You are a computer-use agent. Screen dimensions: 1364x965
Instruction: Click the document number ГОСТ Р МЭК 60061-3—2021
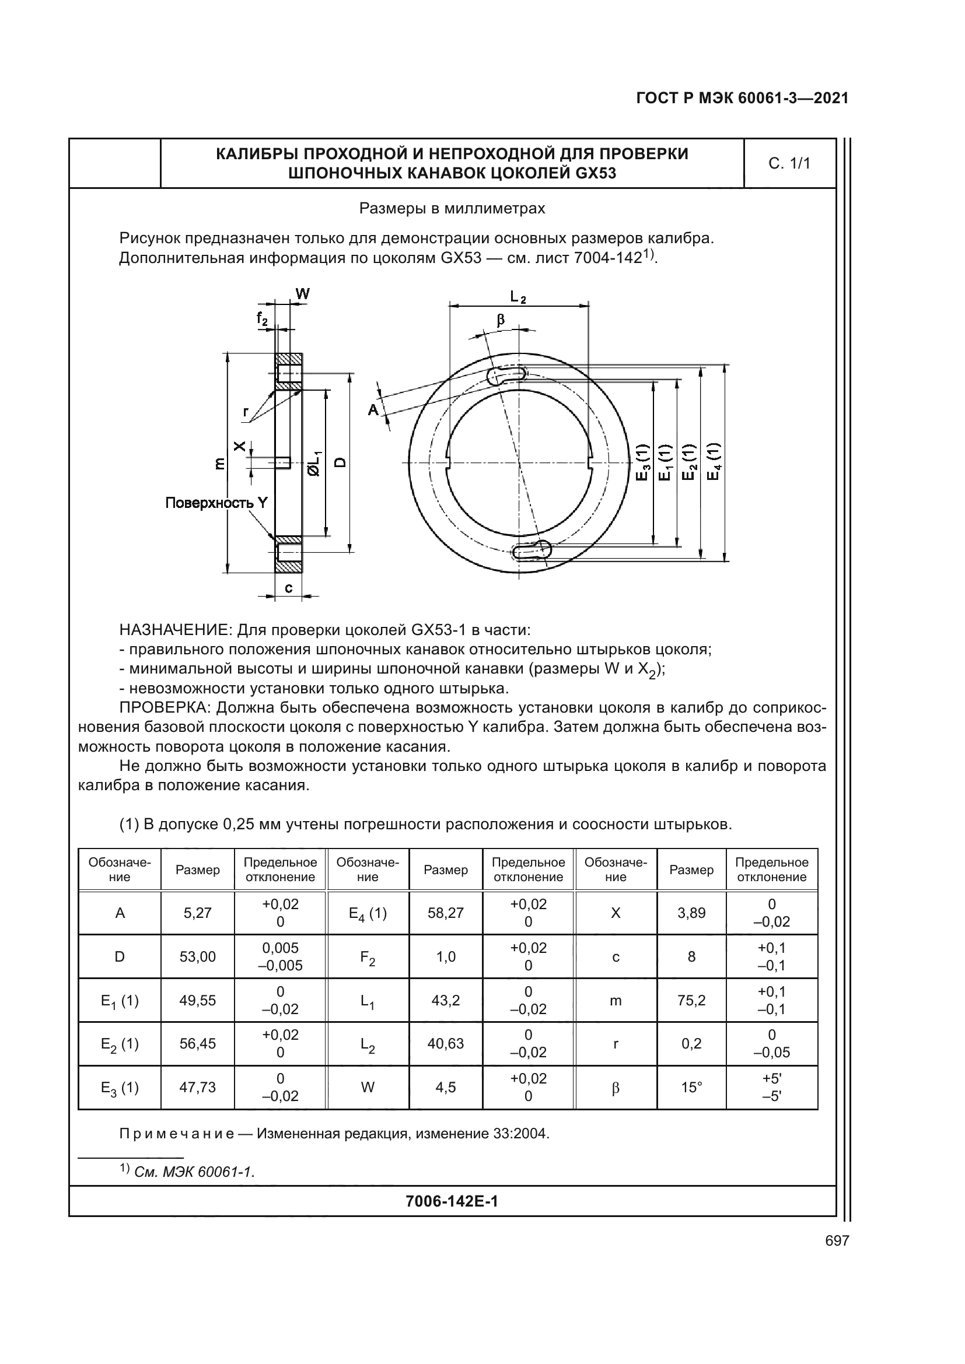click(x=742, y=99)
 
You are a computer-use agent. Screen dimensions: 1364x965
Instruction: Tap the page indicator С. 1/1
click(x=789, y=163)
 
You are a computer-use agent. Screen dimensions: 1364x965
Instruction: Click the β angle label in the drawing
click(x=501, y=320)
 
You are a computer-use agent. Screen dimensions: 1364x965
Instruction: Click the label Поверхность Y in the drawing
click(x=216, y=503)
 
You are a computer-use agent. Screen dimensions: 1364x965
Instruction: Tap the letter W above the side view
click(x=302, y=293)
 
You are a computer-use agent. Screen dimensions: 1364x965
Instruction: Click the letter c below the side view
click(x=288, y=588)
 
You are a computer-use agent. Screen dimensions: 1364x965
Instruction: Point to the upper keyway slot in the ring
click(x=506, y=374)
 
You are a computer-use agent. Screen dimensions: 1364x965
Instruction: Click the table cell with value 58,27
click(x=446, y=913)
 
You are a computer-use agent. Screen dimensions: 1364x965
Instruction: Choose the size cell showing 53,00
click(x=198, y=956)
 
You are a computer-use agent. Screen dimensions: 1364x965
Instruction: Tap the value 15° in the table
click(x=692, y=1087)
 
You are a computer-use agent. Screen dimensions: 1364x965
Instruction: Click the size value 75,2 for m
click(x=692, y=1001)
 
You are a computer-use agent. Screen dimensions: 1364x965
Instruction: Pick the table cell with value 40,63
click(x=446, y=1043)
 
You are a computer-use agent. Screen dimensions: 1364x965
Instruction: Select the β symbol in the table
click(x=616, y=1088)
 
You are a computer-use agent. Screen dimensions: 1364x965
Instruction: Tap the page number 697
click(x=837, y=1240)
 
